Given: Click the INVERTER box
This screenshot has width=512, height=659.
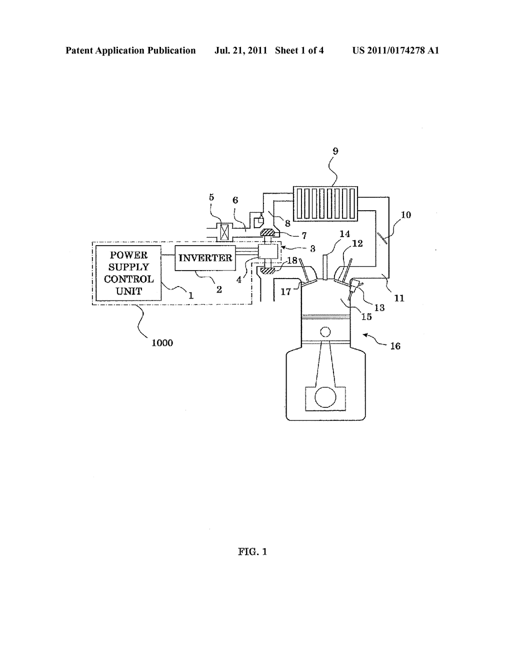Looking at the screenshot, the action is point(205,258).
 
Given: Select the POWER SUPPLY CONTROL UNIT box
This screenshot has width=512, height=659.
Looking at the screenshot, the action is point(128,273).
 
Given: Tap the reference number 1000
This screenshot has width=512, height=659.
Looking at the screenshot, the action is point(162,343).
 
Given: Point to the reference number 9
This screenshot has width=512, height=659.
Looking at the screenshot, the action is point(335,151).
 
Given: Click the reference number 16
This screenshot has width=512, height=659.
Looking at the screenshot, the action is point(395,346).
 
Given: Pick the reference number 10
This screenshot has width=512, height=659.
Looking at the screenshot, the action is point(405,215).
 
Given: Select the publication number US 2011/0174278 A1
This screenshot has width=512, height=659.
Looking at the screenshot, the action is point(395,50).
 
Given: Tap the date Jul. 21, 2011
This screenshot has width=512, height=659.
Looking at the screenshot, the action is point(241,50).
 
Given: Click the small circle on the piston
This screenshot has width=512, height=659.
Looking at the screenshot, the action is point(325,332).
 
